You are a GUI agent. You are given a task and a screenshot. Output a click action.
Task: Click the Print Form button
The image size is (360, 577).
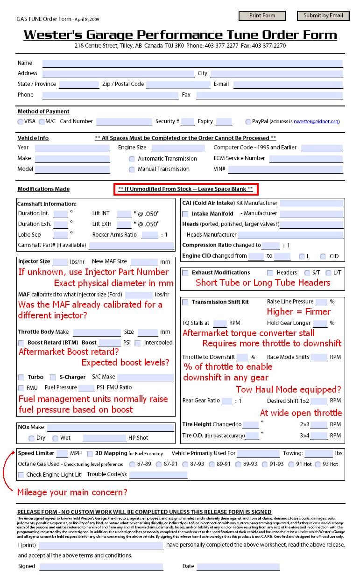(x=262, y=16)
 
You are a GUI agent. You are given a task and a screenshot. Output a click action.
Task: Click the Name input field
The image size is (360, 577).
(x=192, y=63)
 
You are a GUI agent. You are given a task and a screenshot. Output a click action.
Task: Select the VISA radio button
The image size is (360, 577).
(x=21, y=122)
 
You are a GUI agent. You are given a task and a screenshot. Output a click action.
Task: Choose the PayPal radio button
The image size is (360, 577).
(x=248, y=122)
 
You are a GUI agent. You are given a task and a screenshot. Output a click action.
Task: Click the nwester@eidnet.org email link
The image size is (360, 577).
(x=316, y=122)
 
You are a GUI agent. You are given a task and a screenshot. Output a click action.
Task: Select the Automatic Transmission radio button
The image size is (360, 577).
(x=132, y=159)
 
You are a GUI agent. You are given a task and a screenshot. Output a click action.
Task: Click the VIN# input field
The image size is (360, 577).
(x=285, y=169)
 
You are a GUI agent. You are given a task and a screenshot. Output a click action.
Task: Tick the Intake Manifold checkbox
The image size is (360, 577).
(x=185, y=214)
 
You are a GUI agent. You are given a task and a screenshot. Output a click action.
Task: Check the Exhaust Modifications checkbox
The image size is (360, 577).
(x=185, y=273)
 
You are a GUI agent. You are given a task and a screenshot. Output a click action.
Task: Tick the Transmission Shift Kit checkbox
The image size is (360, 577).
(x=185, y=302)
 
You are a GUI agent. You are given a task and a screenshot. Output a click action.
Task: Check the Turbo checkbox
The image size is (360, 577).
(x=21, y=377)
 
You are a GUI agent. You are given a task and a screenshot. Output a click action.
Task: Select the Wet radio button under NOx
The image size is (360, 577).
(x=55, y=438)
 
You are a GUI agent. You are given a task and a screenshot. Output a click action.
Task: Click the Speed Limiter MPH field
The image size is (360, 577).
(x=62, y=454)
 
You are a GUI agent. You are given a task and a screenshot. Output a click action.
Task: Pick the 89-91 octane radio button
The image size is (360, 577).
(x=212, y=464)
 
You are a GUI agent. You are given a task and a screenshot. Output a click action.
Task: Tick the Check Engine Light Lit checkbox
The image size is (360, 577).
(x=21, y=475)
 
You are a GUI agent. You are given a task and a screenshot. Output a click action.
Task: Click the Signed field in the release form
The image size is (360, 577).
(x=101, y=567)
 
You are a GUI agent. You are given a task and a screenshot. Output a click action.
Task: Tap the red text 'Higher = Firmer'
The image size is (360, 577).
(x=298, y=312)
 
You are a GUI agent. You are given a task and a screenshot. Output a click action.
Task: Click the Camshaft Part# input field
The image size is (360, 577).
(x=131, y=246)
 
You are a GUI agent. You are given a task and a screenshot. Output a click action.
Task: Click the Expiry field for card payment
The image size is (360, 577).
(x=224, y=122)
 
